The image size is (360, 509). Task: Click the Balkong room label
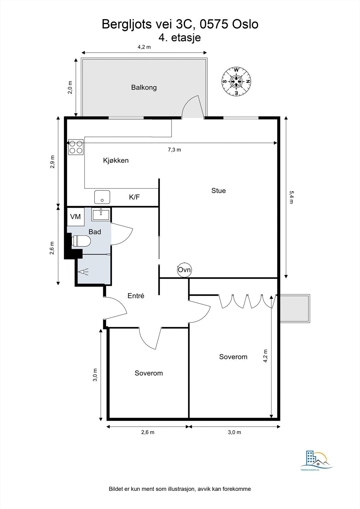pos(144,87)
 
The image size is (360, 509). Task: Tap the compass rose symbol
pos(236,81)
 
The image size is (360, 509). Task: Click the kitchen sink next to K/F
pos(102,197)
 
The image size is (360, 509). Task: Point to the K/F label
pos(134,197)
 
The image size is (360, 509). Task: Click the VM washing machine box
pos(75,217)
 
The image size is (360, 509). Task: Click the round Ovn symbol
pos(184,270)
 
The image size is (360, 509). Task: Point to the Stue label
pos(219,191)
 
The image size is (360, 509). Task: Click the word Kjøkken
pos(116,160)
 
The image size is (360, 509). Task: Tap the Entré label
pos(136,296)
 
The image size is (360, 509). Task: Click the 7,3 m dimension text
pos(174,150)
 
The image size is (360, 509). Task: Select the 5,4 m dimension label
pos(292,197)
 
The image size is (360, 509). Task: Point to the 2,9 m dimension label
pos(53,162)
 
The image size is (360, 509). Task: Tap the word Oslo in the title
pos(245,24)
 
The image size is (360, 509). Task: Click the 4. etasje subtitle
pos(180,38)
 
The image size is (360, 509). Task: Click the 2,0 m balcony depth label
pos(70,87)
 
